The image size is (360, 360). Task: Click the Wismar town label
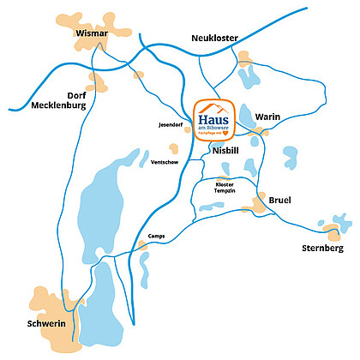(x=93, y=33)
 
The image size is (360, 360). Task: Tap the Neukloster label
(x=213, y=38)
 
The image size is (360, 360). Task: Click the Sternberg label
(x=323, y=248)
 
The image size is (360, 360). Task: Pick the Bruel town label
(x=280, y=201)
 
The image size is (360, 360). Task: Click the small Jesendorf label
(x=171, y=125)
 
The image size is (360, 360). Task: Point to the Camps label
(x=155, y=235)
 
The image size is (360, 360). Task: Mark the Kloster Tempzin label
(x=225, y=189)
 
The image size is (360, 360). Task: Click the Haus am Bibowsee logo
(x=215, y=119)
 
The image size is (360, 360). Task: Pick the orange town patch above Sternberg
(x=332, y=228)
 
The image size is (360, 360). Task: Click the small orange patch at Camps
(x=142, y=246)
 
